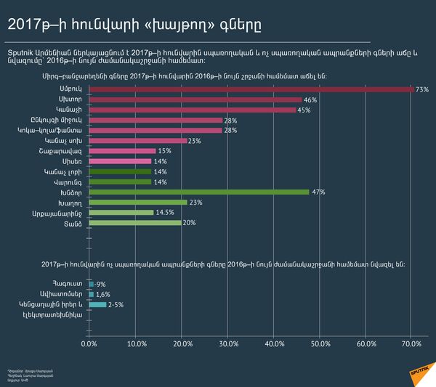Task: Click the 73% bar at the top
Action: point(251,89)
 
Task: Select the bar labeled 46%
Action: point(195,99)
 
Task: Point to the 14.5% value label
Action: point(164,212)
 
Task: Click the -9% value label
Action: point(101,284)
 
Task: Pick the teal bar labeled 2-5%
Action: point(97,304)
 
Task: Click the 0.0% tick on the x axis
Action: point(89,343)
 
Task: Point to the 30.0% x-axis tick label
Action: point(228,343)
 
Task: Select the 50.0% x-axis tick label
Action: point(320,343)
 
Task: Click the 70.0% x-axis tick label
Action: point(412,343)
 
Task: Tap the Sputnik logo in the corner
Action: point(411,367)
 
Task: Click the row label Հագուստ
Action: point(70,284)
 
